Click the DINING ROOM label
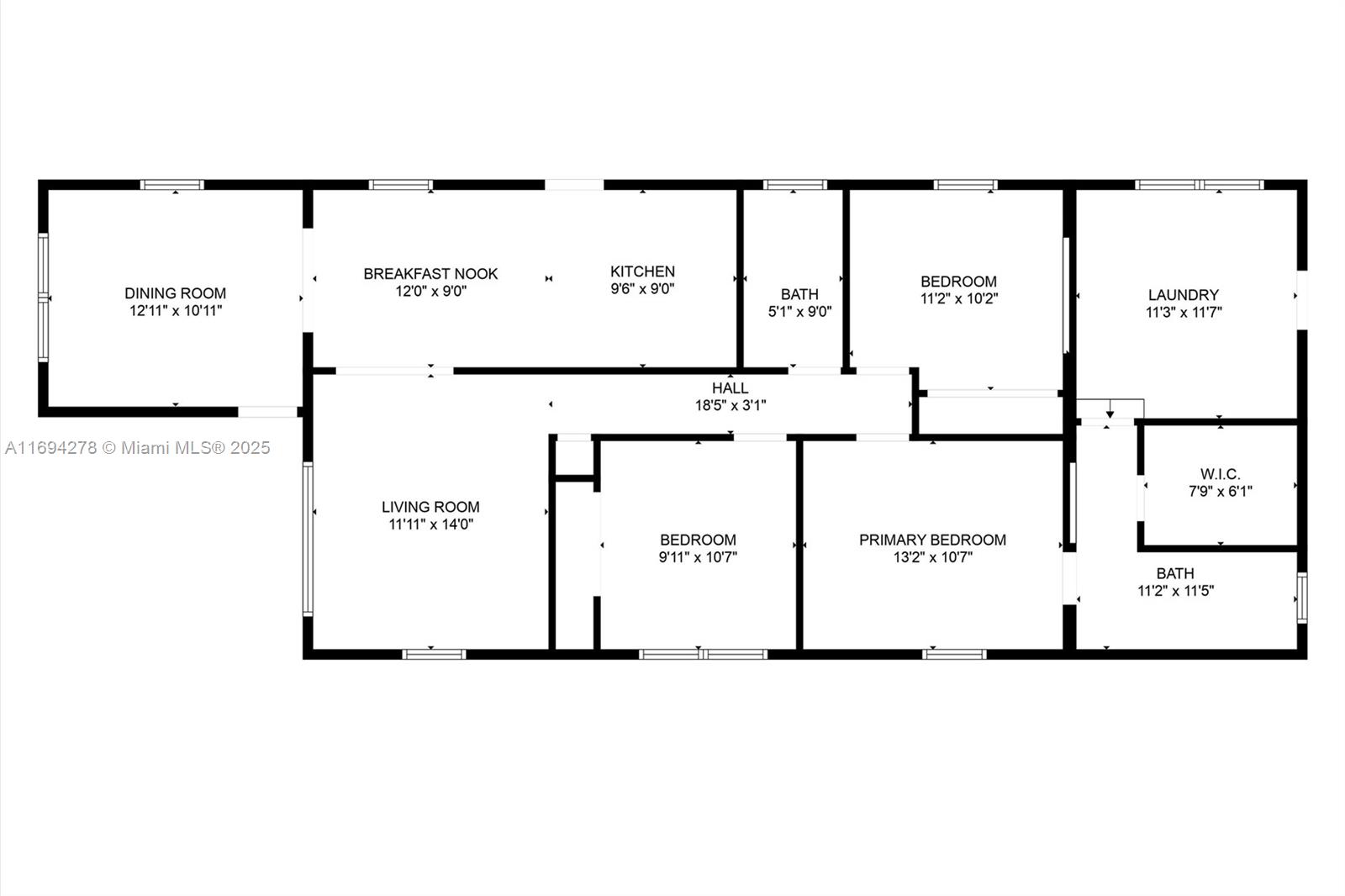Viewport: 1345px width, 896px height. pos(176,293)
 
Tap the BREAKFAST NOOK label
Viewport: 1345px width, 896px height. pos(430,274)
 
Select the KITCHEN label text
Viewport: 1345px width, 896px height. pos(642,271)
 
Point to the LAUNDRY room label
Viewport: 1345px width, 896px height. pos(1184,295)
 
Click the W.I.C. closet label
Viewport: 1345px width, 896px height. pos(1220,474)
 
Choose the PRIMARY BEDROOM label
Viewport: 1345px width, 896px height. pos(932,540)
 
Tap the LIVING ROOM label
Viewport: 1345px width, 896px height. pos(430,507)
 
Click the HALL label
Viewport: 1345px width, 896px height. pos(731,388)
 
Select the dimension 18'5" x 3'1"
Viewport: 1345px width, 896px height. pos(731,405)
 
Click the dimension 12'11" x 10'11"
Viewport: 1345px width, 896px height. pos(176,310)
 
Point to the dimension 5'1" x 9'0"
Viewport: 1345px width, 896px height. pos(799,312)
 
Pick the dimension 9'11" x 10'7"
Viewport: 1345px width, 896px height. pos(698,557)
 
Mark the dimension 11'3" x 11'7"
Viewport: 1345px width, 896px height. pos(1184,313)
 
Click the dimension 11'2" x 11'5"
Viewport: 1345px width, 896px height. pos(1176,591)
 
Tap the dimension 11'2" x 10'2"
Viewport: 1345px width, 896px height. pos(959,298)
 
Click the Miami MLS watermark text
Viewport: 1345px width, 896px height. pos(138,448)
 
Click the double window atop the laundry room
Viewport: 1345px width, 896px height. pos(1199,185)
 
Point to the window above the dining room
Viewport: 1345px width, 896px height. pos(172,185)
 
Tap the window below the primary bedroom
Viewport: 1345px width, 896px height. pos(954,654)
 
